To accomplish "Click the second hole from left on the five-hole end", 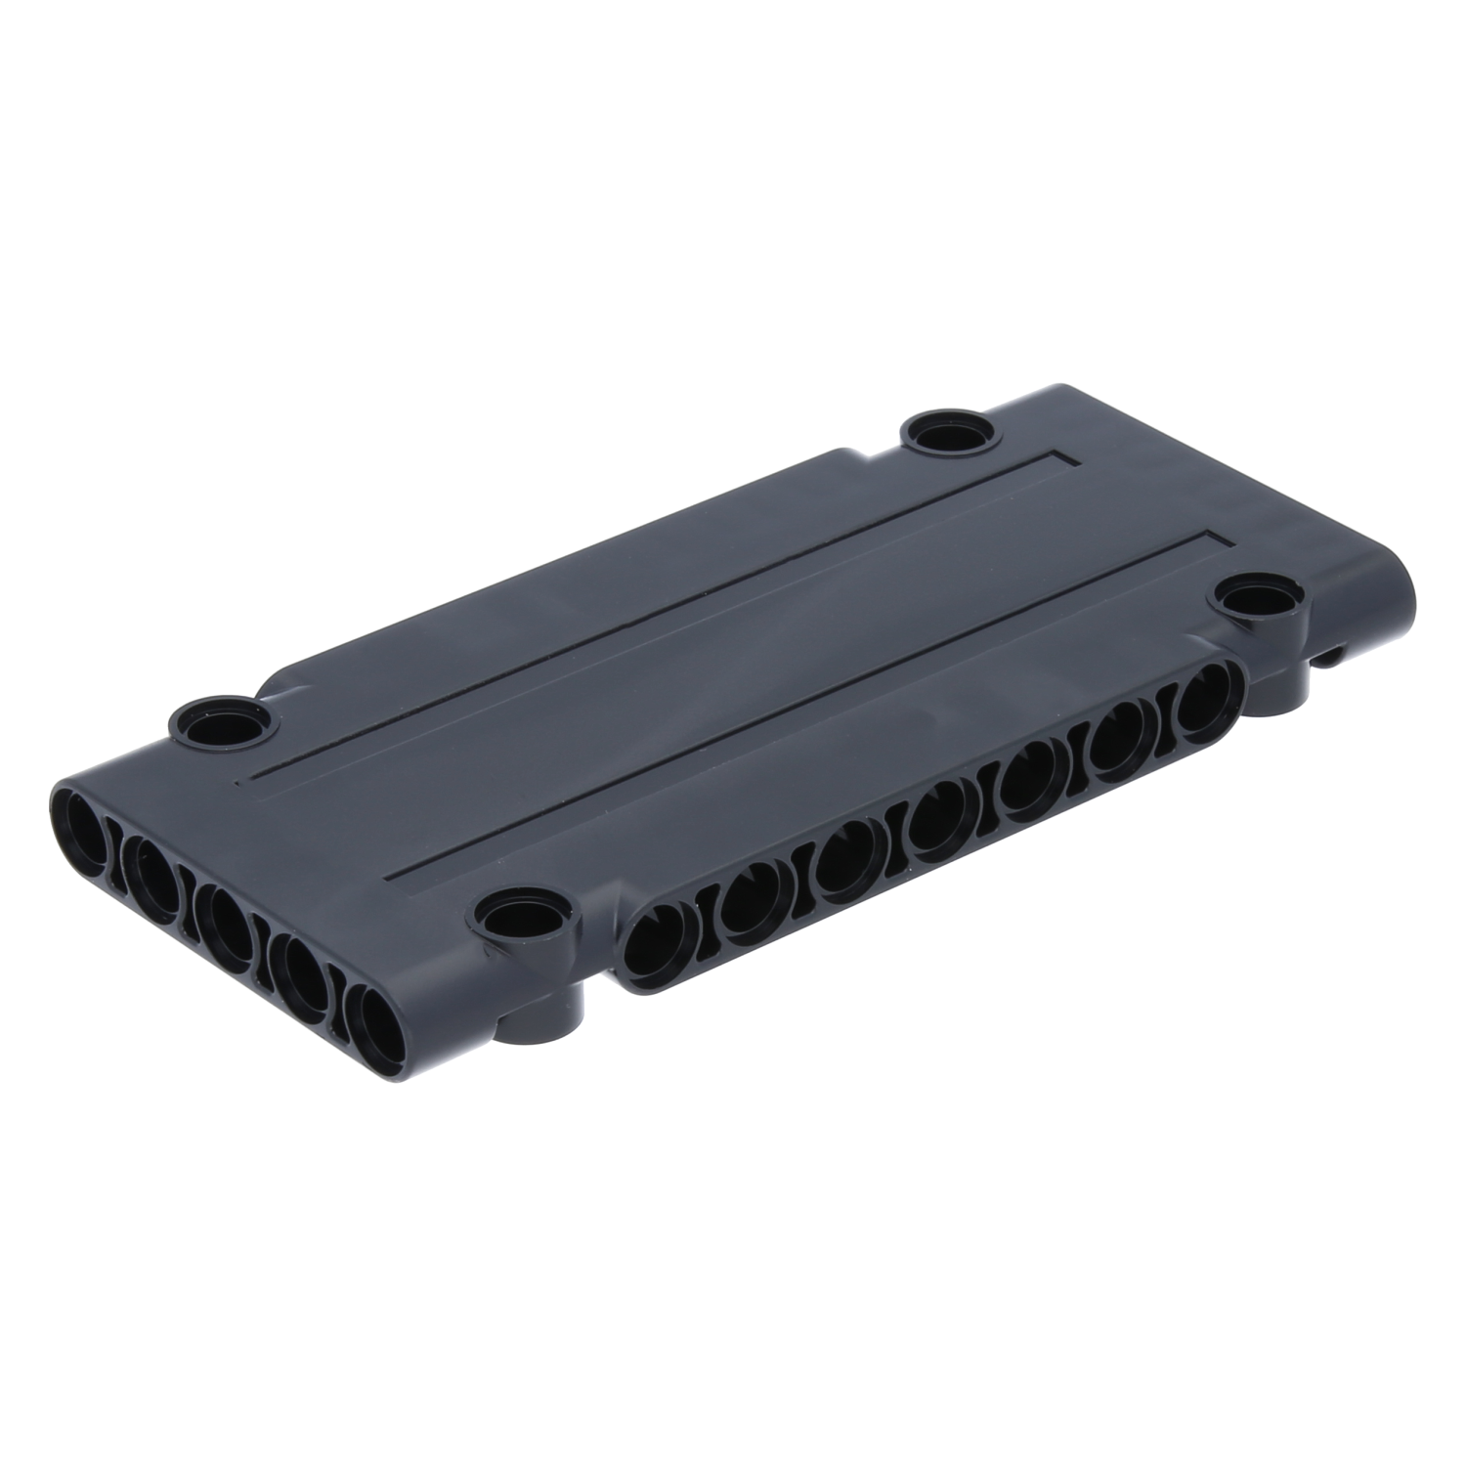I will (151, 867).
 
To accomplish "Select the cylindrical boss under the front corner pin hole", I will (547, 1016).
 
